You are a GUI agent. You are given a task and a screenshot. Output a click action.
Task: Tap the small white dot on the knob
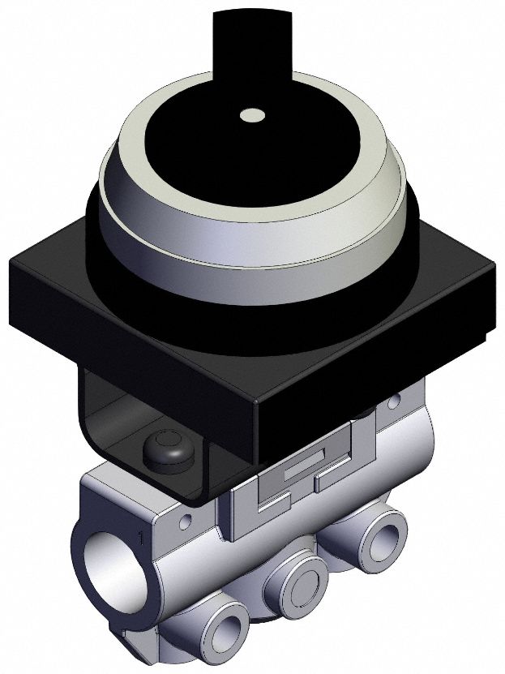[253, 116]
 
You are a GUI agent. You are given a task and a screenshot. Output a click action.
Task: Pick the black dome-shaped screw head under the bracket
[165, 449]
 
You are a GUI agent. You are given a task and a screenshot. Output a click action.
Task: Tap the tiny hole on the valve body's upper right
[394, 402]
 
